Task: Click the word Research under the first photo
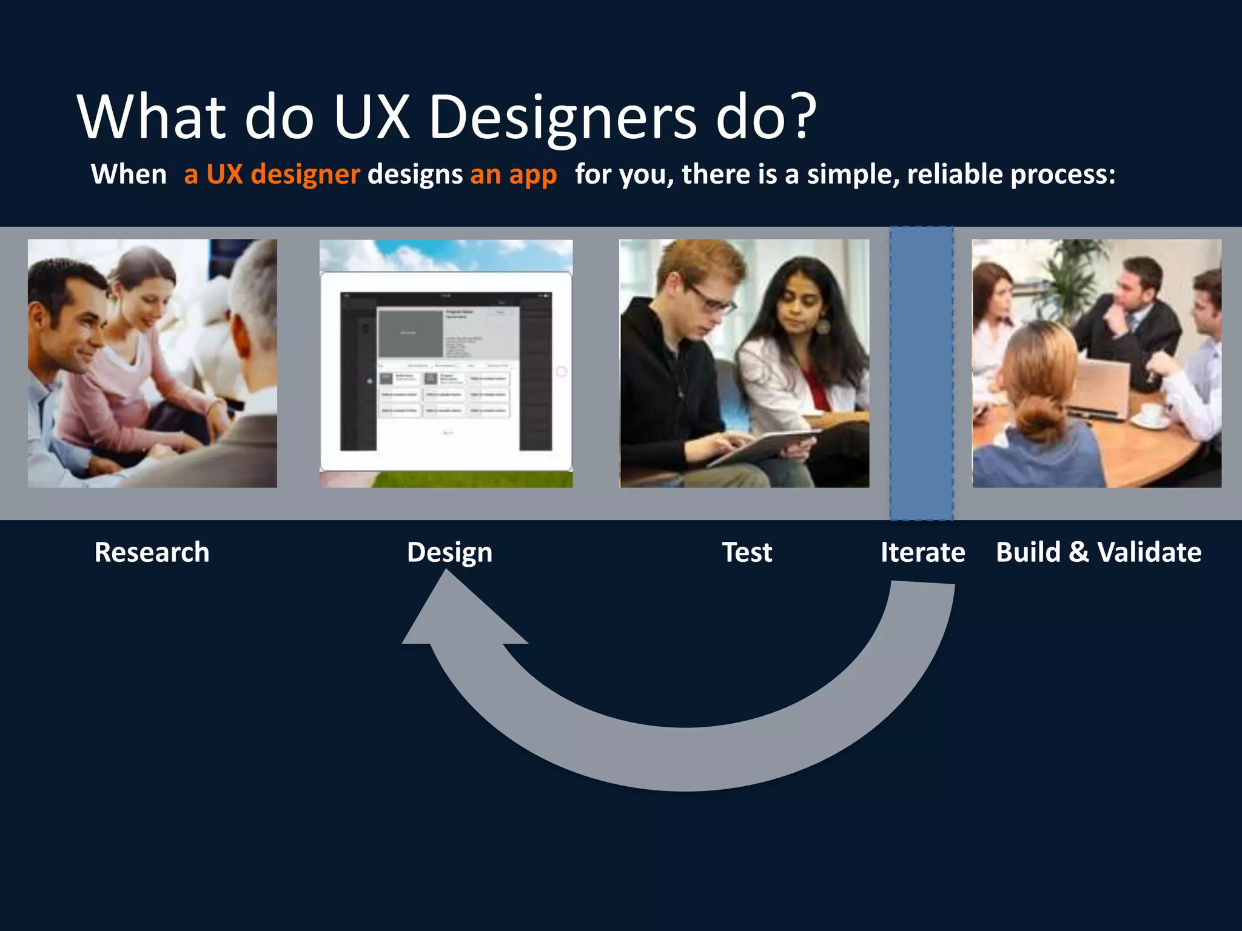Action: (152, 552)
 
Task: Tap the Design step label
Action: (449, 552)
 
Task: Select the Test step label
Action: (747, 552)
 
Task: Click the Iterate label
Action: (922, 552)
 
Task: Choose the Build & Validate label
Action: (1098, 552)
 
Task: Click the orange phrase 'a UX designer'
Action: (272, 175)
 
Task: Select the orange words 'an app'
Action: (513, 175)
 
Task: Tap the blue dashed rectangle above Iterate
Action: (921, 373)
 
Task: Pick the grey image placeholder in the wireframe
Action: (411, 333)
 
